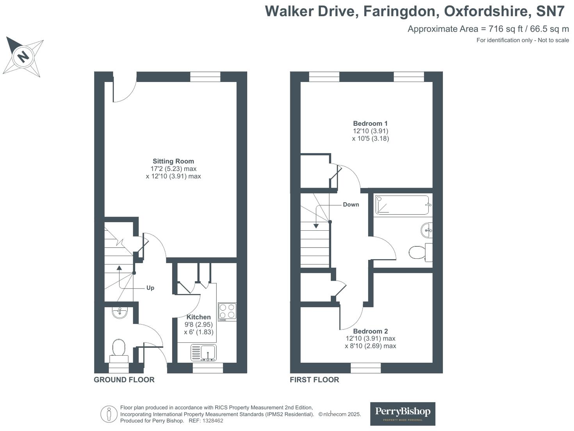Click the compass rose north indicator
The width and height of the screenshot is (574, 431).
point(23,57)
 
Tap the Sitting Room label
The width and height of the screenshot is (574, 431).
point(173,161)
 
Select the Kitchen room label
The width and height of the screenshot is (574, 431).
point(198,317)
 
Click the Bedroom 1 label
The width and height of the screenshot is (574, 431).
point(370,123)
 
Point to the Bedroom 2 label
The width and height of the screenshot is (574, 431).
point(370,331)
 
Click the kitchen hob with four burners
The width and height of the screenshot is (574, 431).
point(227,312)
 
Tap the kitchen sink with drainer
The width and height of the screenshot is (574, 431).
point(203,353)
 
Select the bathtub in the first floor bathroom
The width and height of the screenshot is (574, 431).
point(403,205)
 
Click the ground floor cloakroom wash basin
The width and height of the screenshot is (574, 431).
point(119,312)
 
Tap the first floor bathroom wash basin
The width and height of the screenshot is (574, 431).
point(427,230)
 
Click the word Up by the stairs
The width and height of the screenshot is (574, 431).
point(150,288)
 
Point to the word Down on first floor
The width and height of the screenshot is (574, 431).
point(351,205)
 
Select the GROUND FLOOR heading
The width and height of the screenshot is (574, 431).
point(124,379)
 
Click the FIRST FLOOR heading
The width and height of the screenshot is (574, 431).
point(314,379)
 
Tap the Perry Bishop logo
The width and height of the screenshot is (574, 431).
point(403,413)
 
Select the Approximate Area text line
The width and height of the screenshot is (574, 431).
point(488,29)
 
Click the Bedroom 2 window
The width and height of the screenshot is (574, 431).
point(365,368)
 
